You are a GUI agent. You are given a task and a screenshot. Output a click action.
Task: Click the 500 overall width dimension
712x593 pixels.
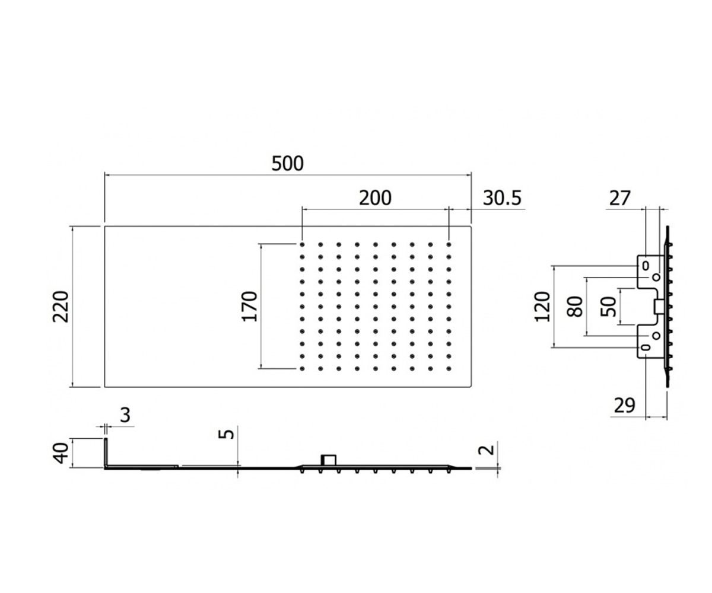(287, 164)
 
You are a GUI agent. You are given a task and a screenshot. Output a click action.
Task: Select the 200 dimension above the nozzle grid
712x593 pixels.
(375, 198)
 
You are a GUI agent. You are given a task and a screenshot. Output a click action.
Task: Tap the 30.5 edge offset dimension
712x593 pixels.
(503, 198)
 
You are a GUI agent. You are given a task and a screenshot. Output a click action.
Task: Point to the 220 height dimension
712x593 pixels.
(61, 307)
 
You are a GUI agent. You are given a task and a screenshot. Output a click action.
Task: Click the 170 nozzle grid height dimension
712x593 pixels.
(249, 307)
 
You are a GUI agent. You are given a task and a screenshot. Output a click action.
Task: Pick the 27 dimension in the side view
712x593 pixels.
(619, 198)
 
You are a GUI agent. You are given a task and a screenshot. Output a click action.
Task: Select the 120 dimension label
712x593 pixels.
(542, 307)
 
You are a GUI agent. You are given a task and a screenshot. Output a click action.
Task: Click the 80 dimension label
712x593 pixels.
(575, 307)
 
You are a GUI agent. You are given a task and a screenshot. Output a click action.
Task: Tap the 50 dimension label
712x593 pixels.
(609, 307)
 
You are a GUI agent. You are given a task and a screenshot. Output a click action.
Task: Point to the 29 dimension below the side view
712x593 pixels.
(625, 406)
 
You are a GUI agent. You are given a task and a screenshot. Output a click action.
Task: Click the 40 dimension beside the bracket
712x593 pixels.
(61, 453)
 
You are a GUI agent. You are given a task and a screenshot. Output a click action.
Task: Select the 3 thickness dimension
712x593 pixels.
(125, 415)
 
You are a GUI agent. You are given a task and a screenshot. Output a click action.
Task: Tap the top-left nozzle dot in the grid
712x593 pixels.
(302, 244)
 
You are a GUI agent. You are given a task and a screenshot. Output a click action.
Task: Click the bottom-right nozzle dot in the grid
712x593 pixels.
(449, 368)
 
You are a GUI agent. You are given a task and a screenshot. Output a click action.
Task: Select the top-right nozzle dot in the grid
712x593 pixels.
(449, 244)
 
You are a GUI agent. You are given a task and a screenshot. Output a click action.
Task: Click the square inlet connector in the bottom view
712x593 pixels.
(329, 460)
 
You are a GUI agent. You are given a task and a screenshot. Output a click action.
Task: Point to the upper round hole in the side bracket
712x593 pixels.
(656, 278)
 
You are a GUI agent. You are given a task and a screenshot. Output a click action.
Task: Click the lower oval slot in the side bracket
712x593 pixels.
(645, 347)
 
